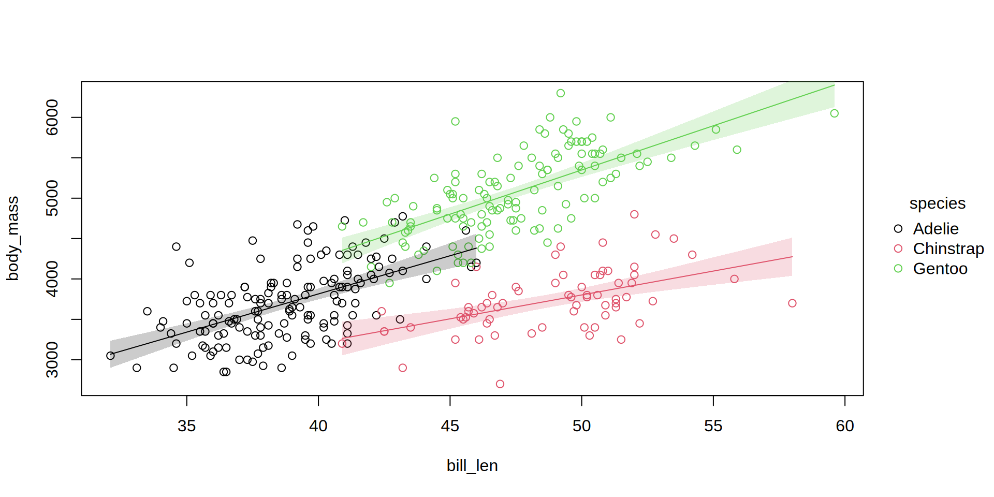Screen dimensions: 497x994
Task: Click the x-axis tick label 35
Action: click(x=186, y=426)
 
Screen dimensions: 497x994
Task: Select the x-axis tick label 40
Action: click(x=318, y=426)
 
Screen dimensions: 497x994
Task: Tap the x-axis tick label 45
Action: click(x=450, y=426)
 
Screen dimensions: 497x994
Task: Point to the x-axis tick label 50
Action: click(x=581, y=426)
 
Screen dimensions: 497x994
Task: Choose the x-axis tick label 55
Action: click(x=713, y=426)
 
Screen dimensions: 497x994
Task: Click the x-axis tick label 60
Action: click(x=845, y=426)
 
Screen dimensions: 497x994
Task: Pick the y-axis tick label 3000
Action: click(x=52, y=360)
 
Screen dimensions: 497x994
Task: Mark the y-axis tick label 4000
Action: click(x=52, y=279)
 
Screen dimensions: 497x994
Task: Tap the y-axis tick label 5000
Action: click(x=52, y=198)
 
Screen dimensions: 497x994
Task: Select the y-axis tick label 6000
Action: click(x=52, y=118)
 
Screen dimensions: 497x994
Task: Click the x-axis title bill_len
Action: click(x=472, y=466)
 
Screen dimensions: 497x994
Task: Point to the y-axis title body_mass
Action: click(x=12, y=239)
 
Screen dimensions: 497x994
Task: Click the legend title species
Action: click(x=937, y=203)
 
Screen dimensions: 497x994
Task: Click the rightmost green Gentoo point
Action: click(x=834, y=113)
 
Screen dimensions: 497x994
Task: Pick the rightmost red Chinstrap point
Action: click(x=792, y=303)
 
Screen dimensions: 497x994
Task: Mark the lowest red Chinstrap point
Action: click(x=500, y=384)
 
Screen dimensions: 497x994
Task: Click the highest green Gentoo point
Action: click(x=561, y=93)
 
